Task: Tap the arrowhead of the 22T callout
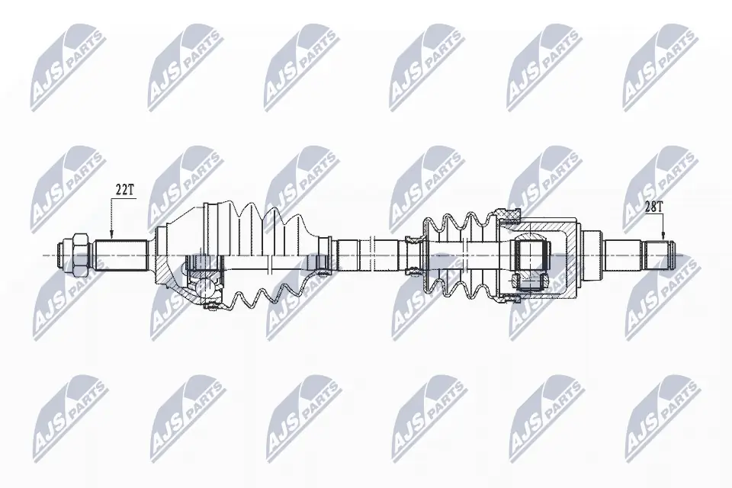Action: click(x=111, y=236)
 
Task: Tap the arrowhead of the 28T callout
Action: click(x=663, y=237)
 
